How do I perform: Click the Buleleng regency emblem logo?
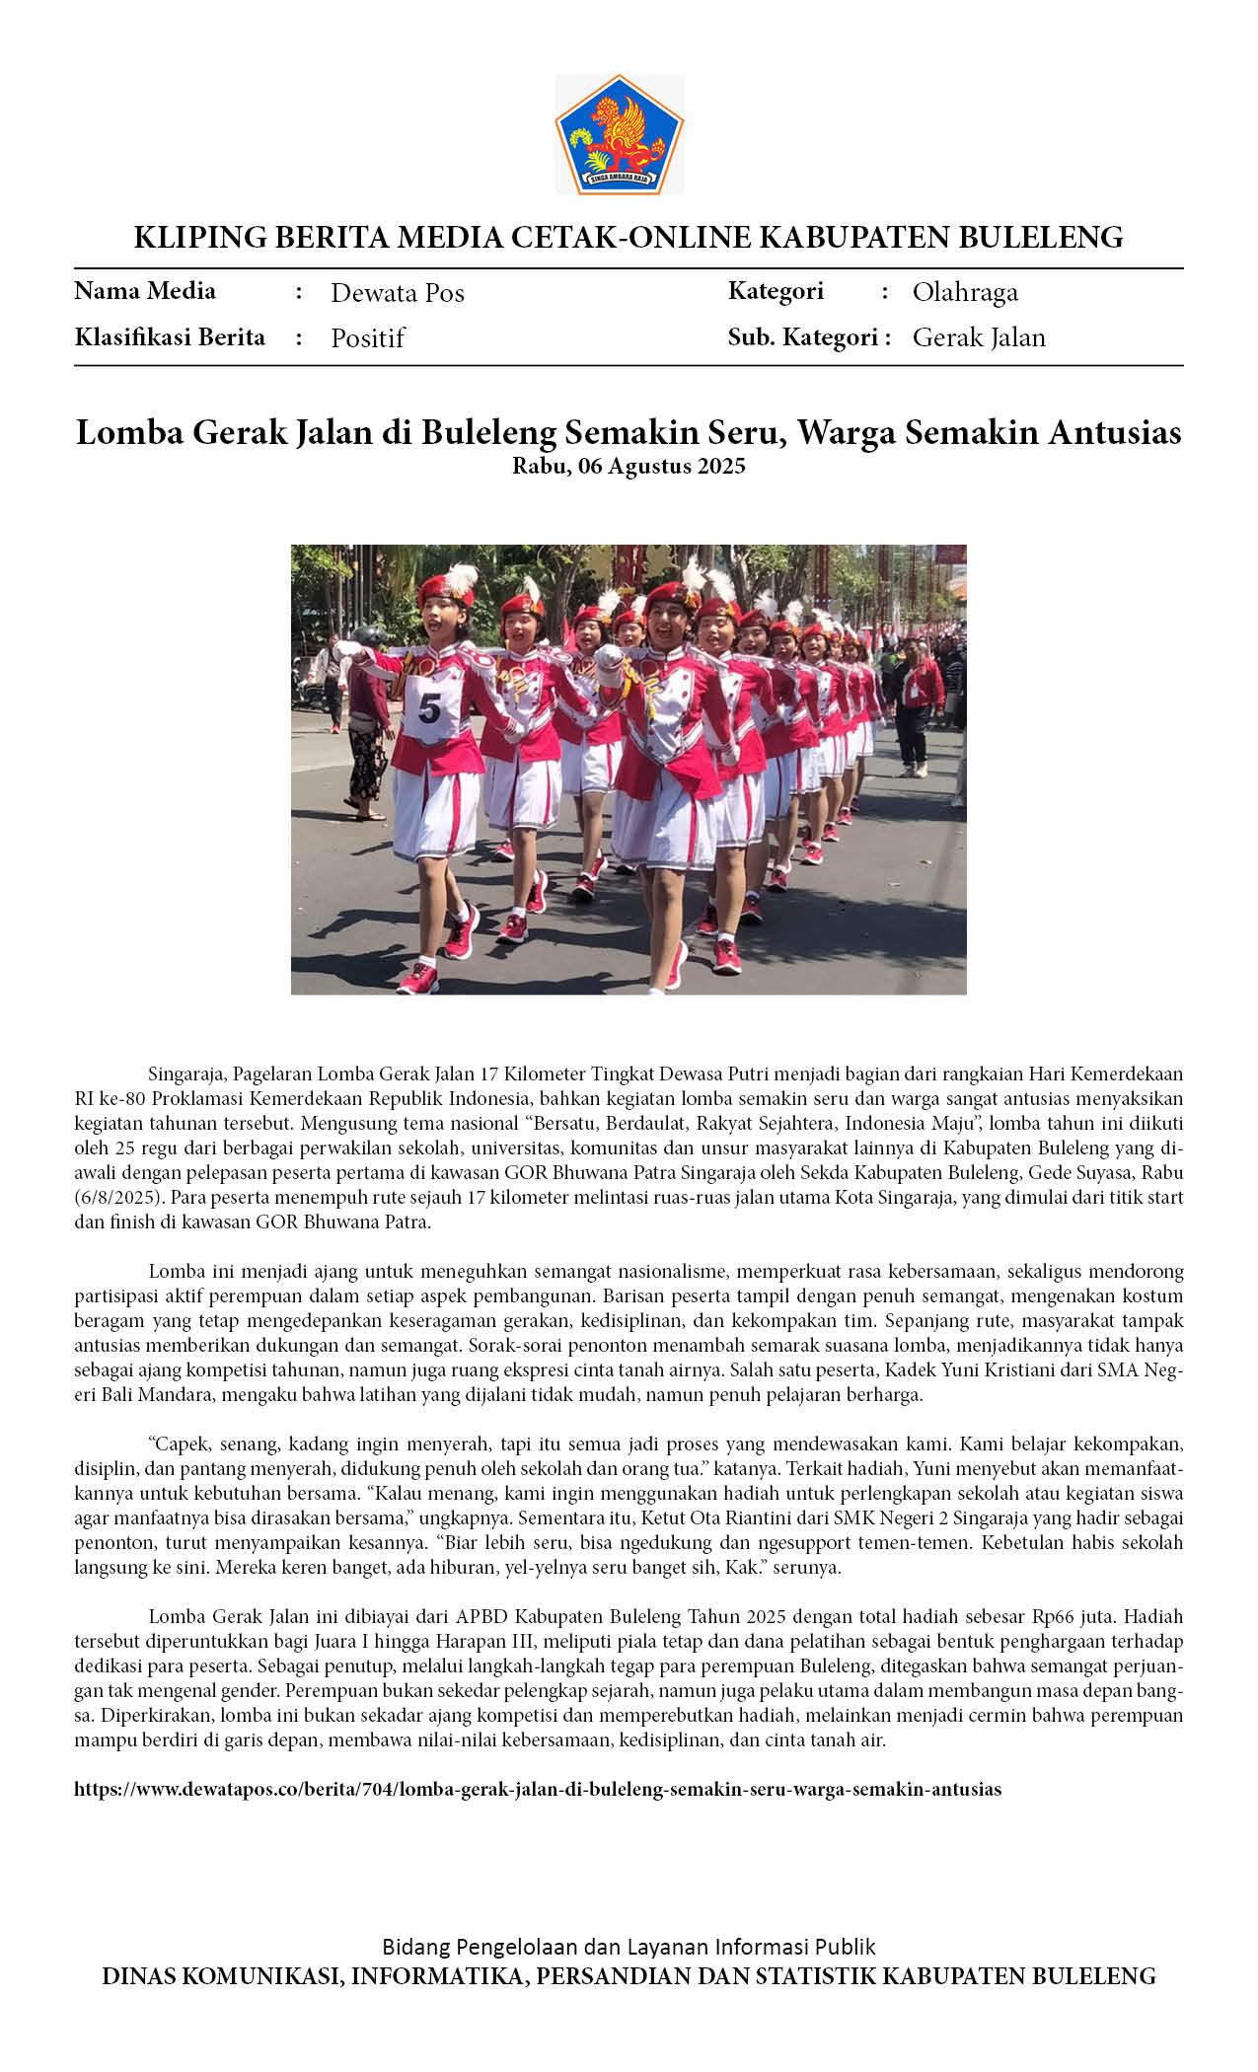click(x=619, y=134)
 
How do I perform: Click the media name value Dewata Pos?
click(x=397, y=293)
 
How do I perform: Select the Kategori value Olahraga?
click(x=964, y=292)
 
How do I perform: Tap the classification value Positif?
click(x=367, y=338)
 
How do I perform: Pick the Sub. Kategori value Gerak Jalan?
click(x=978, y=337)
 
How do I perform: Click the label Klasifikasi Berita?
click(x=170, y=337)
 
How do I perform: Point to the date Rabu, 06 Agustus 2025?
click(x=629, y=467)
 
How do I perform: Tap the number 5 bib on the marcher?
click(x=430, y=707)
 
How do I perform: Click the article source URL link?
click(x=538, y=1789)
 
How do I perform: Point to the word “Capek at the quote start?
click(x=177, y=1443)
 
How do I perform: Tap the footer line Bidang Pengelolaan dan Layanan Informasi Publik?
click(x=629, y=1947)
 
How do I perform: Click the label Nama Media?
click(x=145, y=291)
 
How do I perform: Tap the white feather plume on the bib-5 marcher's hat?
click(x=460, y=576)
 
